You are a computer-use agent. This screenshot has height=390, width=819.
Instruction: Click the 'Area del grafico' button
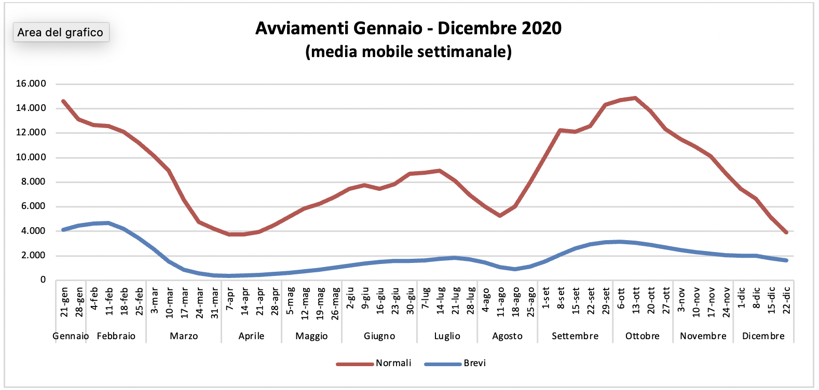coord(61,32)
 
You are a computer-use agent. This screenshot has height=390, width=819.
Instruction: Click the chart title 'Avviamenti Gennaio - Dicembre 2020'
coord(408,28)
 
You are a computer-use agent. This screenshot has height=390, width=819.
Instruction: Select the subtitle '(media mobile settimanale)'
coord(408,52)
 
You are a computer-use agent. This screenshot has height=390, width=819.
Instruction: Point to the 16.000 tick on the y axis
coord(31,84)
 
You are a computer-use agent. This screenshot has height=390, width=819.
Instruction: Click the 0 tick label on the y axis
coord(43,280)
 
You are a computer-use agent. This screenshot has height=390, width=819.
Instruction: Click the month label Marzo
coord(184,336)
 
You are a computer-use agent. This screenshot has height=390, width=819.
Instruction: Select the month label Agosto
coord(507,336)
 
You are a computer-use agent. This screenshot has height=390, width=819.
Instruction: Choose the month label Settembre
coord(575,336)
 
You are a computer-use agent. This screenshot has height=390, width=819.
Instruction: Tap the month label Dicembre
coord(763,336)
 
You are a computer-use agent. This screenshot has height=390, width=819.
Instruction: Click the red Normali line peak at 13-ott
coord(636,97)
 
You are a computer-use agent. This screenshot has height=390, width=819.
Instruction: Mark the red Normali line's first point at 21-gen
coord(63,101)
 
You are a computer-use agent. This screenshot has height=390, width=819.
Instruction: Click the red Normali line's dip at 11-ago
coord(500,215)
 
